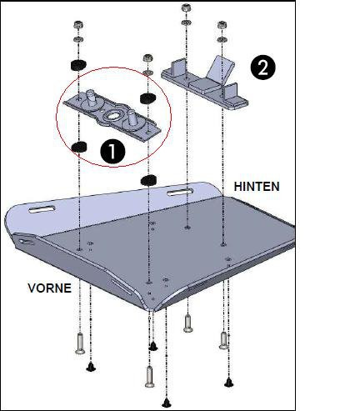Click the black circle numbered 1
112,152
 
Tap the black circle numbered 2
262,68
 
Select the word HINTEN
257,187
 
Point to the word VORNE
50,288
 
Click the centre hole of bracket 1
113,117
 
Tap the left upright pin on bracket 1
91,98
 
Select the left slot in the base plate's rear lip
42,209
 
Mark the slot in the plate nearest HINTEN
180,192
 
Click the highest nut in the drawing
186,8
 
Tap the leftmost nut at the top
78,25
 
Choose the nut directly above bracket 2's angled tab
222,25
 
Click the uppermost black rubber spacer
78,65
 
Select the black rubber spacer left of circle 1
79,147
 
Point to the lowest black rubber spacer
149,180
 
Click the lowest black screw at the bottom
167,403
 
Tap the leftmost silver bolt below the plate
80,343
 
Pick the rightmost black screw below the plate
228,383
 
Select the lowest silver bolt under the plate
150,377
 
